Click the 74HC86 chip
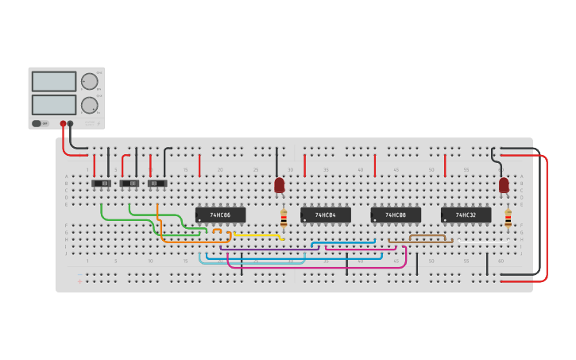pyautogui.click(x=220, y=215)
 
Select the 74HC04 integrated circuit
pyautogui.click(x=325, y=215)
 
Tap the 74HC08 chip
pyautogui.click(x=395, y=215)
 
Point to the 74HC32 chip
pyautogui.click(x=466, y=215)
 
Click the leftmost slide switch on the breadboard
pyautogui.click(x=101, y=184)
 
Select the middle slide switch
pyautogui.click(x=129, y=184)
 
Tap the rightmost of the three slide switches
pyautogui.click(x=157, y=184)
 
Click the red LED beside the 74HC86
pyautogui.click(x=279, y=185)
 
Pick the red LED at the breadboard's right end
pyautogui.click(x=504, y=185)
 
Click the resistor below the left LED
pyautogui.click(x=284, y=219)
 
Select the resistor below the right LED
pyautogui.click(x=508, y=219)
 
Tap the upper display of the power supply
pyautogui.click(x=54, y=81)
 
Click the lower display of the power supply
pyautogui.click(x=54, y=105)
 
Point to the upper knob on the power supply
pyautogui.click(x=90, y=81)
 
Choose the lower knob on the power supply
pyautogui.click(x=90, y=105)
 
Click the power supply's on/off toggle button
pyautogui.click(x=37, y=123)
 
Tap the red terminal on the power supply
pyautogui.click(x=63, y=124)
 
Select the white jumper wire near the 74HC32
pyautogui.click(x=483, y=241)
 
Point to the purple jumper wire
pyautogui.click(x=270, y=250)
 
